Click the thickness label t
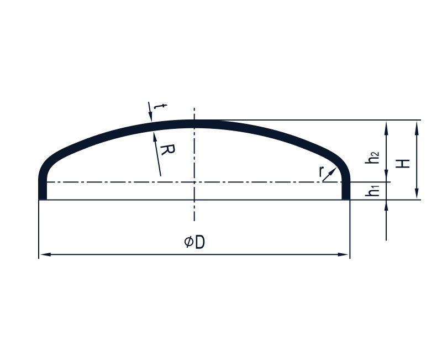161,107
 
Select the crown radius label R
167,149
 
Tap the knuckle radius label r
321,171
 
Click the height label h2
372,158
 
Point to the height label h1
372,190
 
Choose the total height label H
403,164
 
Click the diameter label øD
194,242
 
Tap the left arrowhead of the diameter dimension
45,254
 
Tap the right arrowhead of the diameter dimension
343,254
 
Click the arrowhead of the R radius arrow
155,136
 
